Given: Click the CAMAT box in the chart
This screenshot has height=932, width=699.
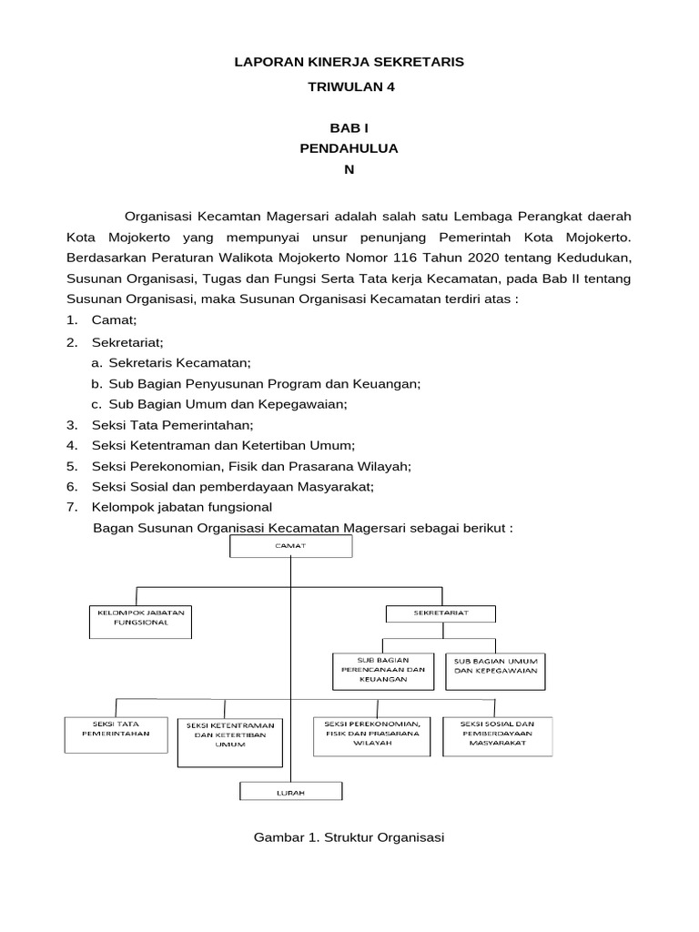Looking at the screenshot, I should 291,546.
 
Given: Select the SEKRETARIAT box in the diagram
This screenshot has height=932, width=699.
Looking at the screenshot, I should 441,614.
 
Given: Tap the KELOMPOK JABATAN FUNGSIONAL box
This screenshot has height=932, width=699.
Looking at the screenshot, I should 140,619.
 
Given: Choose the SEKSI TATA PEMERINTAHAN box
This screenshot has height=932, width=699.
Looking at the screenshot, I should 116,735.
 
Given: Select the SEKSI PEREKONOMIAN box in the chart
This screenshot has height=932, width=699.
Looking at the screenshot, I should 372,736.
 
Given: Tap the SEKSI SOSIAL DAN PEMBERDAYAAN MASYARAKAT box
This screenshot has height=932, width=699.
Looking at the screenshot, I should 497,736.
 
